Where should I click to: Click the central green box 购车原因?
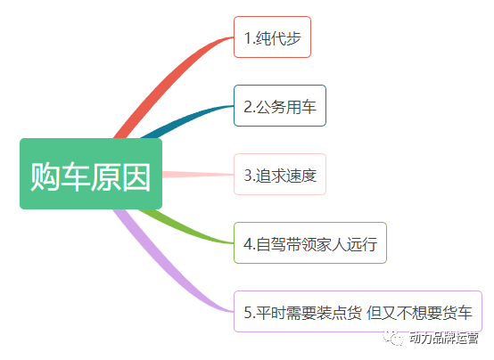pyautogui.click(x=91, y=174)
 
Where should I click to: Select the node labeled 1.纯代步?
pyautogui.click(x=272, y=37)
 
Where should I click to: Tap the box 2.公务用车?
pyautogui.click(x=280, y=105)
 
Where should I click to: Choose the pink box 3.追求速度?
pyautogui.click(x=280, y=174)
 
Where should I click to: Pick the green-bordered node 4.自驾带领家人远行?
pyautogui.click(x=310, y=243)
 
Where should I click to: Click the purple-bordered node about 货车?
pyautogui.click(x=358, y=312)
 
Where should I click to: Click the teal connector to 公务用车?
pyautogui.click(x=185, y=119)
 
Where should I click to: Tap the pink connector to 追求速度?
pyautogui.click(x=198, y=174)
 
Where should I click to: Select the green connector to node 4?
pyautogui.click(x=185, y=228)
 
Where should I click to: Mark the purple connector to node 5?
pyautogui.click(x=167, y=267)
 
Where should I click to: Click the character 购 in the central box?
pyautogui.click(x=45, y=176)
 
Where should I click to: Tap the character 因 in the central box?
pyautogui.click(x=136, y=176)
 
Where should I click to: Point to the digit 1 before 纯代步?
pyautogui.click(x=248, y=38)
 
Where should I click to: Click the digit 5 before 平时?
pyautogui.click(x=248, y=313)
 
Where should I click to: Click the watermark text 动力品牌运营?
pyautogui.click(x=443, y=338)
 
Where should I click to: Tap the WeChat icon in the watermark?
pyautogui.click(x=393, y=338)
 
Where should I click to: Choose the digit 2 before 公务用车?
pyautogui.click(x=248, y=107)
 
